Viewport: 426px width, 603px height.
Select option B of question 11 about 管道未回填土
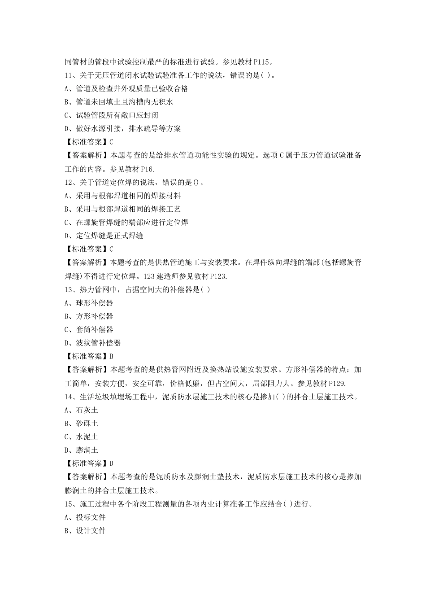click(119, 102)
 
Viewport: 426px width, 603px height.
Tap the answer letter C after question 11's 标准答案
click(111, 142)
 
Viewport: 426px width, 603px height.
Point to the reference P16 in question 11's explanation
click(147, 169)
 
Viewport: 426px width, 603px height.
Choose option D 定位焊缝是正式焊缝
click(104, 236)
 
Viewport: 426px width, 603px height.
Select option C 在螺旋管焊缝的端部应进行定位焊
click(126, 223)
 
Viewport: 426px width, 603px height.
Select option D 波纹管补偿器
click(93, 343)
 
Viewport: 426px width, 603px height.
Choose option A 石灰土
click(81, 410)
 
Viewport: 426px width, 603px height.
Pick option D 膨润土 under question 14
click(81, 450)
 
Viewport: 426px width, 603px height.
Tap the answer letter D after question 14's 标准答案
click(111, 463)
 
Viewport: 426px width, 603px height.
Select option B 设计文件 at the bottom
click(85, 531)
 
